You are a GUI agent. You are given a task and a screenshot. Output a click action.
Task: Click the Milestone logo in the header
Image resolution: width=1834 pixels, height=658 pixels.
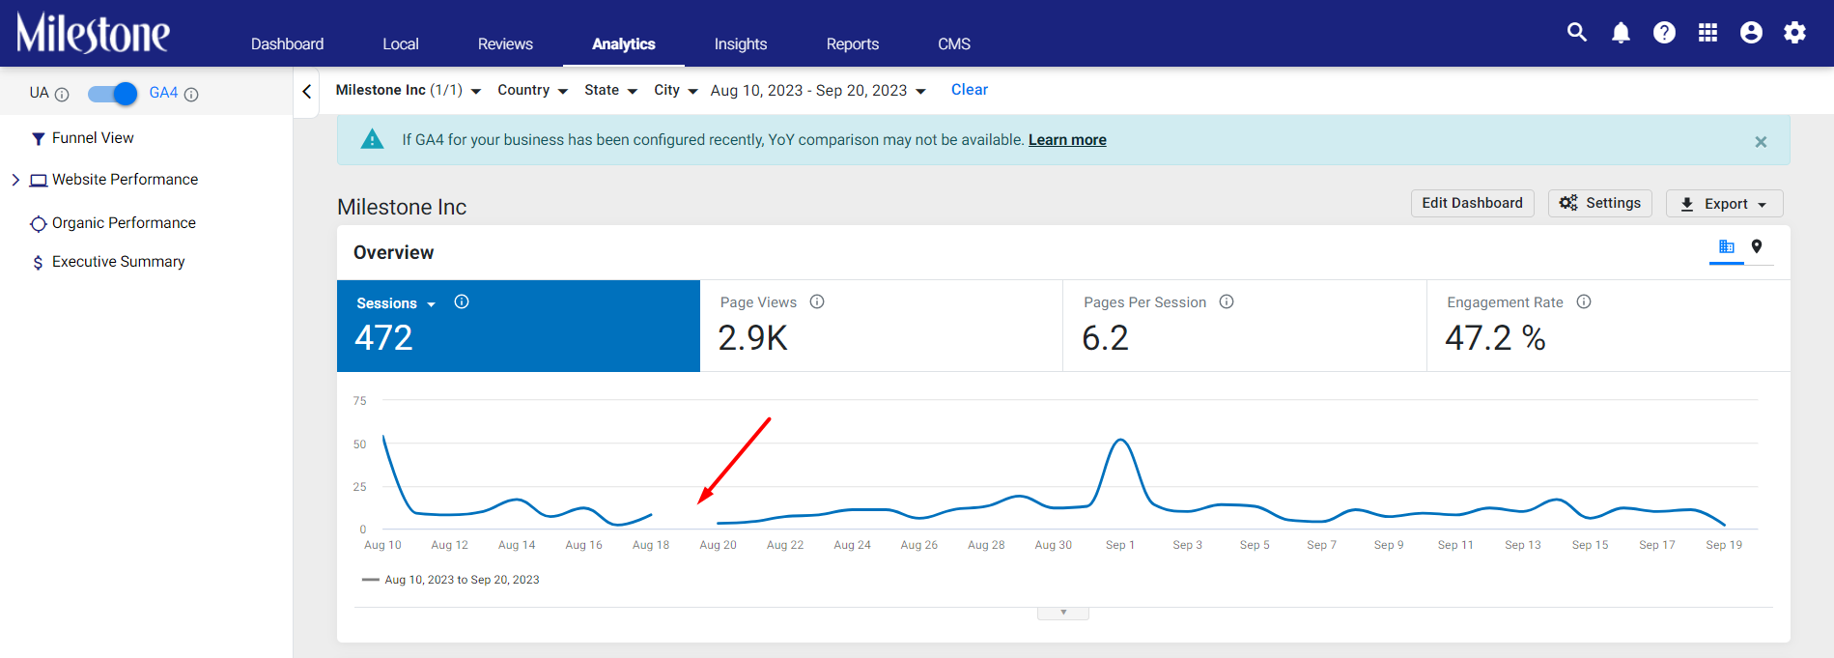coord(93,33)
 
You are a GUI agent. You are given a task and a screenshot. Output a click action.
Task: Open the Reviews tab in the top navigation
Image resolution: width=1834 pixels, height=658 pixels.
coord(505,44)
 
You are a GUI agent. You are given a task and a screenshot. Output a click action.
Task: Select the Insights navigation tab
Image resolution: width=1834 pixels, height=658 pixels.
coord(741,44)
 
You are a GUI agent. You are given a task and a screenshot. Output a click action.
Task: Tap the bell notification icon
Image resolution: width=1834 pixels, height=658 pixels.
coord(1621,33)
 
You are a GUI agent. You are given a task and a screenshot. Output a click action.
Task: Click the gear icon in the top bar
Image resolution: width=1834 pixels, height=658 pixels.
coord(1794,33)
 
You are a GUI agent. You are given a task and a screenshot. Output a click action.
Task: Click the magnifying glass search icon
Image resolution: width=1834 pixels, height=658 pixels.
coord(1577,32)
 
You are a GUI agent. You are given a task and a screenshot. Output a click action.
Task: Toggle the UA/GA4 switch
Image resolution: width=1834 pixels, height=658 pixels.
coord(112,94)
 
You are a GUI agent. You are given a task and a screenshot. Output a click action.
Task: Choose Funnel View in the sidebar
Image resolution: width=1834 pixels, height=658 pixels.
coord(93,138)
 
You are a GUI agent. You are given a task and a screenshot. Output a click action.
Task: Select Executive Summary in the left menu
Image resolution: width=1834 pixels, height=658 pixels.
coord(118,262)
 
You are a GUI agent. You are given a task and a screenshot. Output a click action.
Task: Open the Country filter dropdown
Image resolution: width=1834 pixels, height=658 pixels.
coord(532,90)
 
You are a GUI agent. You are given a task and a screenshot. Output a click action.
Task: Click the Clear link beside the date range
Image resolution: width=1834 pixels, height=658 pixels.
coord(970,90)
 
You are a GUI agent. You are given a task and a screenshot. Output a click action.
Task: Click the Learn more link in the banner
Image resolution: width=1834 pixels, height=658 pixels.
coord(1067,140)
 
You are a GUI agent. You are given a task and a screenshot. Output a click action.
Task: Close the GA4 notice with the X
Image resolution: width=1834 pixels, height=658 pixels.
coord(1761,142)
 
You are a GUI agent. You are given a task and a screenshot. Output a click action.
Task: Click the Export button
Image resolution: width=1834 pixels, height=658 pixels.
coord(1724,204)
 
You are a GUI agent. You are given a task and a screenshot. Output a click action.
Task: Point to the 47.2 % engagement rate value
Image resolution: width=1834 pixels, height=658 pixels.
coord(1495,338)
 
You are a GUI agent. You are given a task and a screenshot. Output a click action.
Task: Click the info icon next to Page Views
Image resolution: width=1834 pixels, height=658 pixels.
coord(817,301)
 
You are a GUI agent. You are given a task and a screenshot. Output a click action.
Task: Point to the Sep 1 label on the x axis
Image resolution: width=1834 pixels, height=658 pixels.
coord(1120,545)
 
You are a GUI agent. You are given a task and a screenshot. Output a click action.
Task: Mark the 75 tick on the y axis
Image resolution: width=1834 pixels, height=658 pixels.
coord(359,401)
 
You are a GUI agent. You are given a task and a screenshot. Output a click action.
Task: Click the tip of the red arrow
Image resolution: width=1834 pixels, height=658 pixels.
coord(699,503)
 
